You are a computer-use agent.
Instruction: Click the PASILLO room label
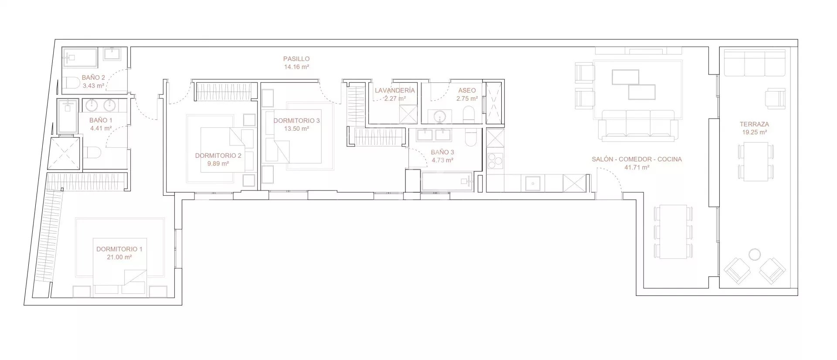[296, 59]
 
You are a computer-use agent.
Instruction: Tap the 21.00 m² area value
[119, 257]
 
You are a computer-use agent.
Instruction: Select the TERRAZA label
[754, 124]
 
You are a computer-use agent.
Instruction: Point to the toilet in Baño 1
[93, 152]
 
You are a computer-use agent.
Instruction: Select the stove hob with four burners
[495, 161]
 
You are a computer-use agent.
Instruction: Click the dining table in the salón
[673, 232]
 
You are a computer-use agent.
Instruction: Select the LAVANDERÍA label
[395, 91]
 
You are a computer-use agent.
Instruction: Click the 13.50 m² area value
[296, 129]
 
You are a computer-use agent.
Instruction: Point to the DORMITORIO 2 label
[218, 156]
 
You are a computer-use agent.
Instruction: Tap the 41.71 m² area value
[637, 167]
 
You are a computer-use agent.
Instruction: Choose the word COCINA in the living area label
[669, 160]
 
